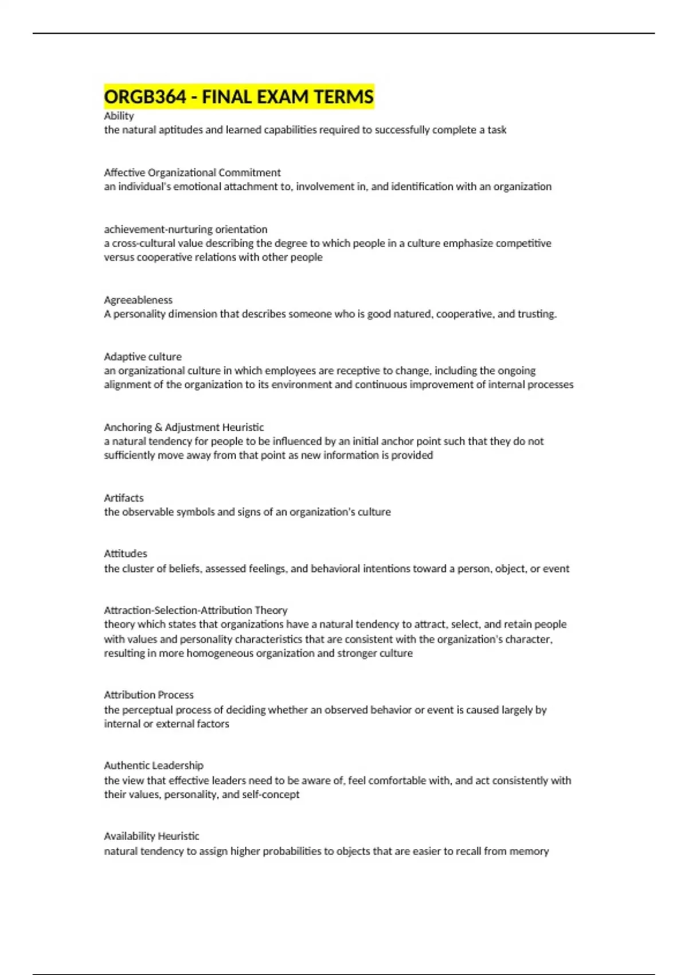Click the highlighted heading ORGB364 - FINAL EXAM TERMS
(x=239, y=96)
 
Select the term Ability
(x=119, y=116)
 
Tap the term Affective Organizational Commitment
(x=192, y=173)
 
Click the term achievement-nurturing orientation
(x=185, y=229)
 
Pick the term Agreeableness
(x=138, y=300)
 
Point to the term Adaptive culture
(x=143, y=357)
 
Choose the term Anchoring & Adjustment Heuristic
(x=183, y=427)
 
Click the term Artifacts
(x=124, y=498)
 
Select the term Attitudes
(x=126, y=553)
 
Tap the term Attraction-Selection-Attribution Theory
(x=196, y=610)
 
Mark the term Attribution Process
(x=148, y=695)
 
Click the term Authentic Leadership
(x=154, y=765)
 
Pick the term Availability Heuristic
(x=151, y=836)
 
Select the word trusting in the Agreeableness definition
(x=537, y=314)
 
